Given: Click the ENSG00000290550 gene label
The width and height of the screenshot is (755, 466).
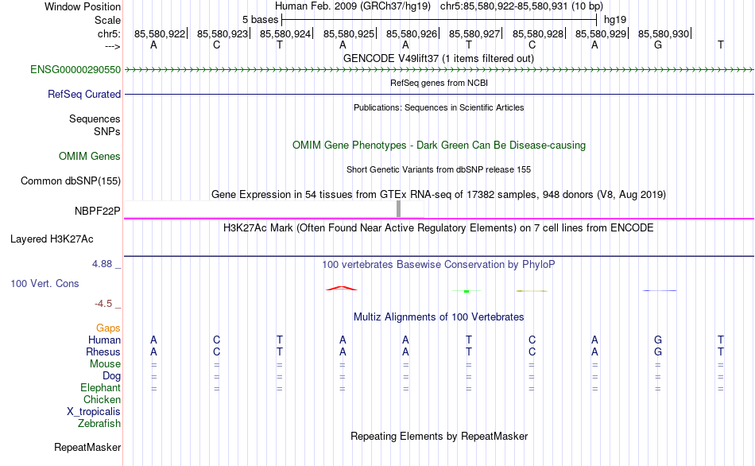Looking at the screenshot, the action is coord(75,69).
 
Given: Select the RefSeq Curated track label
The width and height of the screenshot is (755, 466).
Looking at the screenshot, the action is coord(84,94).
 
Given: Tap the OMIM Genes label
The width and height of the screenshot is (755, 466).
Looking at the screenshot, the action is coord(90,156).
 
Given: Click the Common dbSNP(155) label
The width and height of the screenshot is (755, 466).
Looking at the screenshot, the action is coord(71,181).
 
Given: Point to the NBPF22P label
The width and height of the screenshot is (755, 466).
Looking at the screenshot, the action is coord(97,211).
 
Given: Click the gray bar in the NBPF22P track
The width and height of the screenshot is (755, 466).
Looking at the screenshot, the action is coord(398,209).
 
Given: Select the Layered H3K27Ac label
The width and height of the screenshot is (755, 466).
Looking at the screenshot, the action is coord(52,239).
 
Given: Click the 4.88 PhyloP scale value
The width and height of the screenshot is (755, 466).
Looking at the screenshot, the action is coord(102,263).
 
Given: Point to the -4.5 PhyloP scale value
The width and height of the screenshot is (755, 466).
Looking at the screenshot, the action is coord(103,304).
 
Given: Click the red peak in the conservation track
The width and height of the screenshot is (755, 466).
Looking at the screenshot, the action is coord(342,288).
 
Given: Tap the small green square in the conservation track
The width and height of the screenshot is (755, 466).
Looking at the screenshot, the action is coord(467,291).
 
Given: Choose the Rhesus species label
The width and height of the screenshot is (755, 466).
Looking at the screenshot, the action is coord(103,351).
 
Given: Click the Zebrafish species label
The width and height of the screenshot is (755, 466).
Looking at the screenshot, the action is coord(99,424).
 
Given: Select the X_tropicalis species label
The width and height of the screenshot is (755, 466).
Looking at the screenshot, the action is coord(94,412).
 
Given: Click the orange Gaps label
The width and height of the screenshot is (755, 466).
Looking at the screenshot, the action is coord(108,328).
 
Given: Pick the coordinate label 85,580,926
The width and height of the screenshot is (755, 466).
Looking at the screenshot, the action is coord(411,33).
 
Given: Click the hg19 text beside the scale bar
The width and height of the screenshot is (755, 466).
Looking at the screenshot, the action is coord(615,20).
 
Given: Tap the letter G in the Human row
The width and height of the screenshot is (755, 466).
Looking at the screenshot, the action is coord(658,340).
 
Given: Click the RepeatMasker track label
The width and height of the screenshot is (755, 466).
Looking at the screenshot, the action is coord(87,447).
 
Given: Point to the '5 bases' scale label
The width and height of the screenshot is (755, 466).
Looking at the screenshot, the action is coord(260,20).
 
